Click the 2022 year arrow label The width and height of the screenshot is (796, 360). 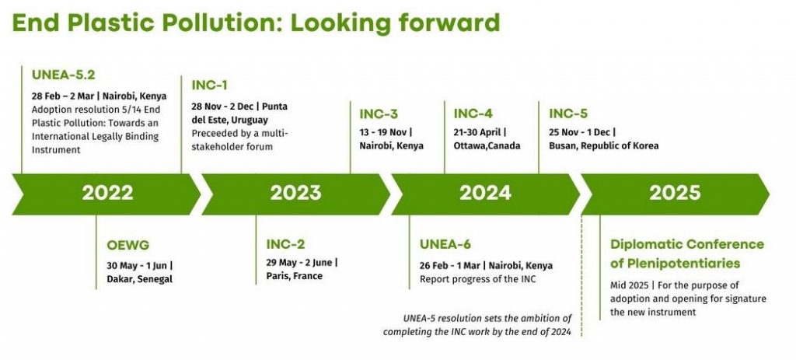[107, 193]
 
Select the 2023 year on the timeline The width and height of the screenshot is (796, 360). [295, 193]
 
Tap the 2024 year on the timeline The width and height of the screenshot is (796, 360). [485, 193]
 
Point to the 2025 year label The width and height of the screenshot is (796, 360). [675, 193]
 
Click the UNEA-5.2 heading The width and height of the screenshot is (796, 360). [64, 75]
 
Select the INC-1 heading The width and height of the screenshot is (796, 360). [209, 86]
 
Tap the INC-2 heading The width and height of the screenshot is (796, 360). [285, 244]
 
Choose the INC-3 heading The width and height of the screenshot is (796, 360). [378, 114]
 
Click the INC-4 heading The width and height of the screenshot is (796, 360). [473, 114]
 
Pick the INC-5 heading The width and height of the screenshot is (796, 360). [568, 114]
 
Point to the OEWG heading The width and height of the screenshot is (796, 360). [128, 245]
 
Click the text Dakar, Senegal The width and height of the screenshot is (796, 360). [140, 279]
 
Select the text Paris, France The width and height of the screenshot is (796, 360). [295, 276]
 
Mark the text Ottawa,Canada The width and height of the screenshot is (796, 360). [487, 145]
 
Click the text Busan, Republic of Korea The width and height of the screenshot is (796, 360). [604, 145]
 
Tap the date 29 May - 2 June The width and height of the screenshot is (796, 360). [299, 263]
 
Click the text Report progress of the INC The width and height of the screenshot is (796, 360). [478, 279]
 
